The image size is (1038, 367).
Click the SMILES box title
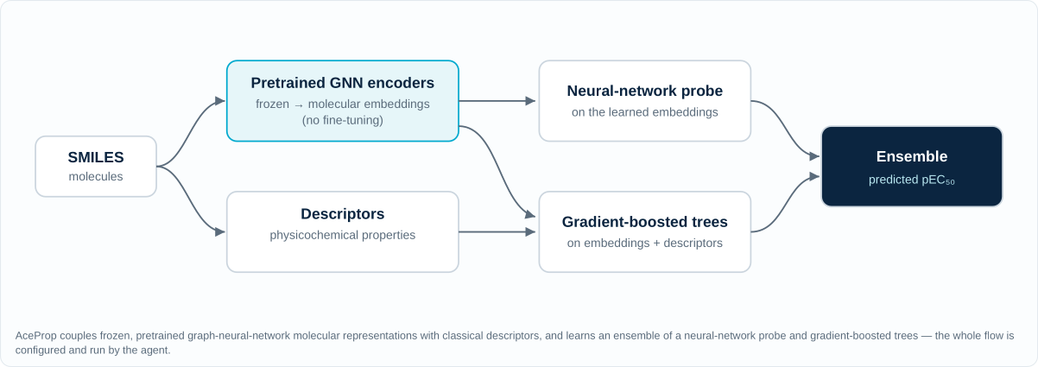tap(96, 157)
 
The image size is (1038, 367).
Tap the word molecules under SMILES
tap(96, 176)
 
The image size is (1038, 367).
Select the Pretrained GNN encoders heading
tap(343, 83)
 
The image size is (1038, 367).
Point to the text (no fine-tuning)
tap(343, 121)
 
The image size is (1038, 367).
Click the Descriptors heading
tap(343, 214)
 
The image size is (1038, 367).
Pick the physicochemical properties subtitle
tap(343, 236)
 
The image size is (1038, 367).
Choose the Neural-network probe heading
tap(644, 91)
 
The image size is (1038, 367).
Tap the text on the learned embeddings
tap(644, 112)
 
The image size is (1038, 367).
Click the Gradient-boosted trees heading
tap(644, 222)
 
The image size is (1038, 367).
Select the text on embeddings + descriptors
tap(644, 244)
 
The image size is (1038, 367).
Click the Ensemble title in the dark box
tap(912, 156)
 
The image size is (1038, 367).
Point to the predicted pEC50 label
tap(912, 180)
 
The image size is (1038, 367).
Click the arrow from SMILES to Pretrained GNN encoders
tap(191, 133)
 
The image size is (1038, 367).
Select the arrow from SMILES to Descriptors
tap(191, 199)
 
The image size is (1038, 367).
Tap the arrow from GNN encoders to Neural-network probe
tap(497, 100)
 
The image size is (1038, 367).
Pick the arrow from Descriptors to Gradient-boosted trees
tap(497, 231)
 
